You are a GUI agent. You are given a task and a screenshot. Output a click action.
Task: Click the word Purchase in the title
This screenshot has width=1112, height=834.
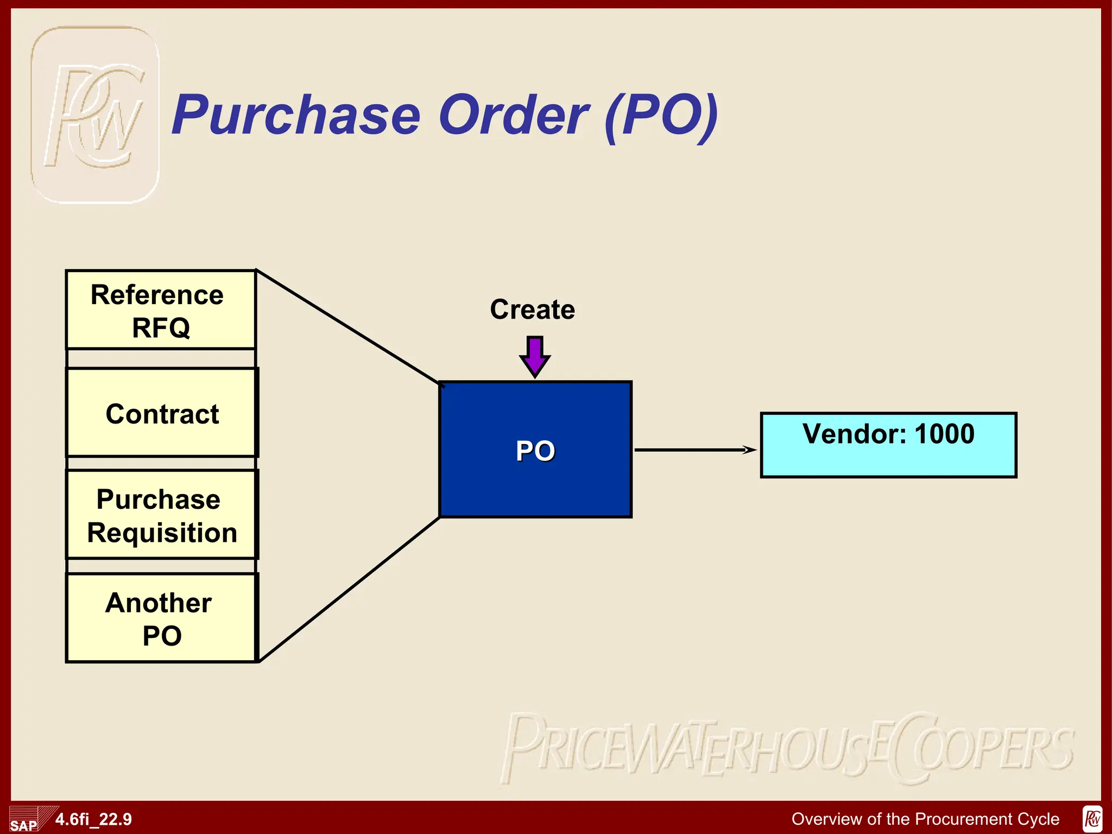[296, 115]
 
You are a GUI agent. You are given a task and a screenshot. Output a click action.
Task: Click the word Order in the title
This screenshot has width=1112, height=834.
[513, 115]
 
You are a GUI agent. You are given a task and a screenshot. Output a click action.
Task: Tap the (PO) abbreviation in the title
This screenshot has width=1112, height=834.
[662, 115]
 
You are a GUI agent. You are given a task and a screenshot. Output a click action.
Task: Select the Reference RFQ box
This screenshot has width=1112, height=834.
[160, 310]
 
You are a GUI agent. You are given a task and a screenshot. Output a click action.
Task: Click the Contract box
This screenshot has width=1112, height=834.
[161, 413]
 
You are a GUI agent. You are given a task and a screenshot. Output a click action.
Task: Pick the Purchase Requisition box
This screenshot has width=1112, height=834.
[161, 515]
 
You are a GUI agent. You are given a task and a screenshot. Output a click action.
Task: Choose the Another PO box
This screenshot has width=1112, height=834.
[160, 618]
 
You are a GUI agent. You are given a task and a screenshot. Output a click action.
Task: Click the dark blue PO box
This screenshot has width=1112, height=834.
[535, 450]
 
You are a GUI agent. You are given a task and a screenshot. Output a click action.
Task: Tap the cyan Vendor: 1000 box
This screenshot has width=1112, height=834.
[888, 445]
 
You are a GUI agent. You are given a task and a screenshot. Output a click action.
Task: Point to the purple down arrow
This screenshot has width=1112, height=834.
[535, 356]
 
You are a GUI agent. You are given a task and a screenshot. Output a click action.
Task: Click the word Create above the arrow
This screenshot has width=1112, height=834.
[532, 309]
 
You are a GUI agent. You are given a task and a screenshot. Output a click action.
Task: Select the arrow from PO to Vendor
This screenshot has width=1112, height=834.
[695, 450]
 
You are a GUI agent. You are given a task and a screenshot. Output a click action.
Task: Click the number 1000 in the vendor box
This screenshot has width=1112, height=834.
[945, 434]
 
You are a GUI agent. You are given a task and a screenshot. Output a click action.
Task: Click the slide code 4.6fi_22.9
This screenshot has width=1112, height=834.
[93, 819]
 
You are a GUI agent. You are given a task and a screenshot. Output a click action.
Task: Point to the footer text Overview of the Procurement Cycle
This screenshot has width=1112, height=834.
[925, 819]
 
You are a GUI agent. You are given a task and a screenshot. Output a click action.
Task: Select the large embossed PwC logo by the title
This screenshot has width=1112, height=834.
[95, 115]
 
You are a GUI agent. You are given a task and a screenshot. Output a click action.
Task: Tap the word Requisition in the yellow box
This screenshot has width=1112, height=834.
[162, 533]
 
